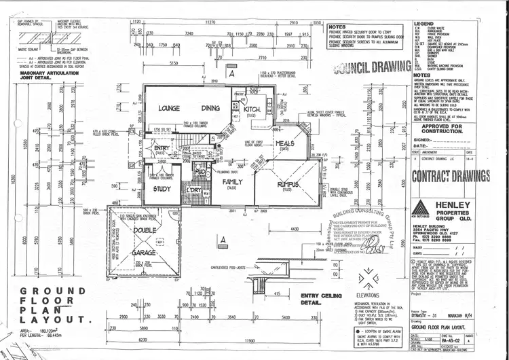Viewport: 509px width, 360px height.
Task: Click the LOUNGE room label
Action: tap(168, 108)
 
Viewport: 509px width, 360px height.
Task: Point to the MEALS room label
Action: tap(286, 143)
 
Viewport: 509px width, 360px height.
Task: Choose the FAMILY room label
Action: tap(233, 183)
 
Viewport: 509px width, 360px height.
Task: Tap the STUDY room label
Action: tap(162, 190)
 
